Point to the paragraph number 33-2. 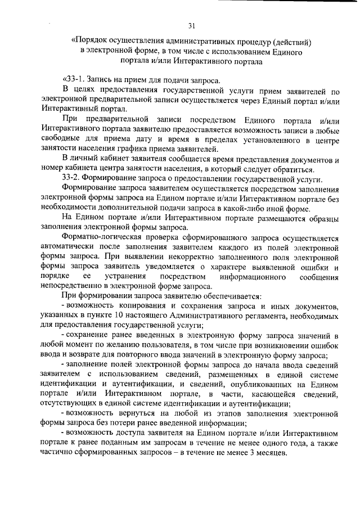73,178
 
